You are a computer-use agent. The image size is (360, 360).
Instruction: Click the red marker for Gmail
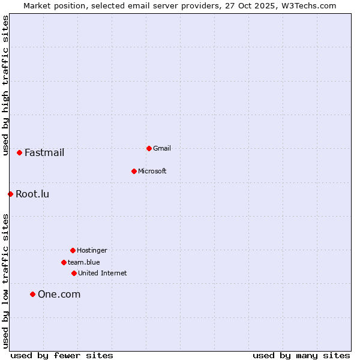[149, 148]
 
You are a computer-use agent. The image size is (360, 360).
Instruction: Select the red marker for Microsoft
[134, 171]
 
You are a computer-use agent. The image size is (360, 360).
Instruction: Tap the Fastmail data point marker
[19, 152]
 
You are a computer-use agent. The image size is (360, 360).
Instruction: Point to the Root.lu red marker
[10, 194]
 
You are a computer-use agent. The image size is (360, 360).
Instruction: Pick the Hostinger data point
[73, 250]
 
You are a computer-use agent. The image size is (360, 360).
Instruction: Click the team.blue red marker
[64, 262]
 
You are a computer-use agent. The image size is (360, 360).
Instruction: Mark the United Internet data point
[74, 273]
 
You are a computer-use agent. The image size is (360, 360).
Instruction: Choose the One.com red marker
[32, 294]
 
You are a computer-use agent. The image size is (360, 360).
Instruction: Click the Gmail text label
[162, 148]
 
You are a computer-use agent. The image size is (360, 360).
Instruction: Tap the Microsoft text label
[152, 171]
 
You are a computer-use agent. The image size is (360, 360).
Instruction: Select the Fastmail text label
[44, 152]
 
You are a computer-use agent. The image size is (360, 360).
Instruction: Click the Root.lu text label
[32, 194]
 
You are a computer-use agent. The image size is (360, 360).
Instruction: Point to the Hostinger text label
[92, 250]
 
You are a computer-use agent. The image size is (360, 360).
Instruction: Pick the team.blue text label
[84, 262]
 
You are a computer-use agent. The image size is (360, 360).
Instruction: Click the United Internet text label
[103, 273]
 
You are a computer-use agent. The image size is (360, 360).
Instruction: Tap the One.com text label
[59, 294]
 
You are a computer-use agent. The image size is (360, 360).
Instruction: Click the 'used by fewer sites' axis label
[62, 355]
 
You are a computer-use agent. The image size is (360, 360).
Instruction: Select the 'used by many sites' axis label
[301, 355]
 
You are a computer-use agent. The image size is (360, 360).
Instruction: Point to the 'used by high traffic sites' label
[5, 86]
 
